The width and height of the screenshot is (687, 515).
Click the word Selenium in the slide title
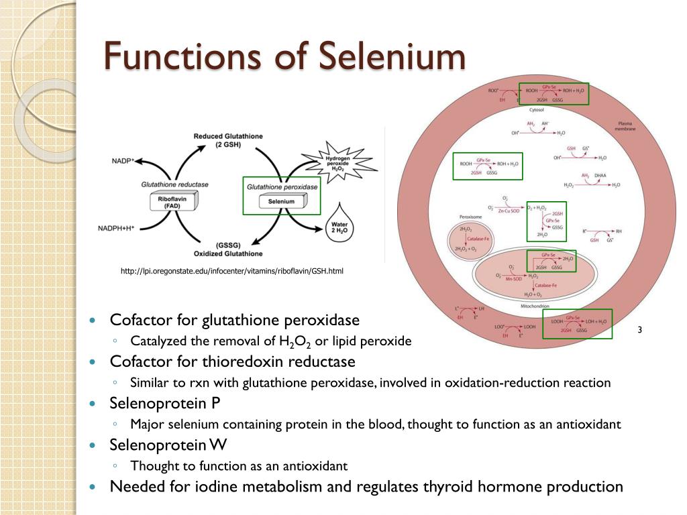pos(391,56)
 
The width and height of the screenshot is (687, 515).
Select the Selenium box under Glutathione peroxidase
pos(281,201)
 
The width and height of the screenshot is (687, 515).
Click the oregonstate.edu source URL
pos(231,271)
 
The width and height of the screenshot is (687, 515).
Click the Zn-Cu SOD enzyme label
pos(509,211)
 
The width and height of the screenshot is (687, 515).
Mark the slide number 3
pos(639,329)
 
